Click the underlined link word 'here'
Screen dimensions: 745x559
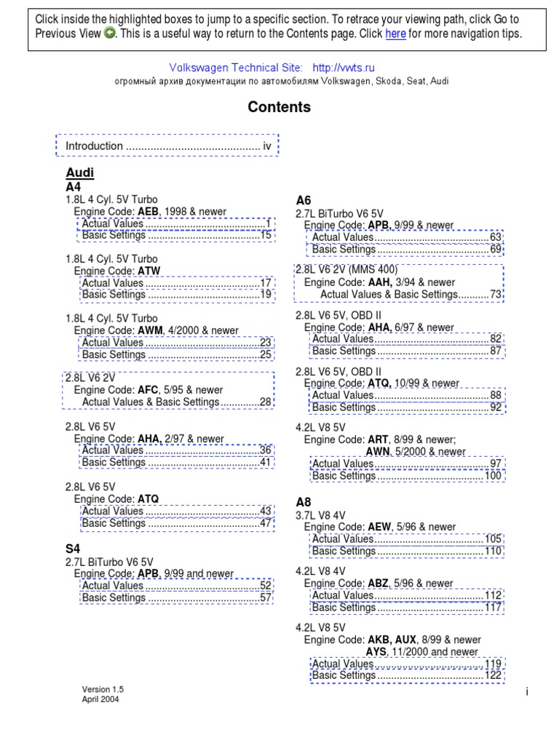coord(395,34)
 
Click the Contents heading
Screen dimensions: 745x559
coord(279,108)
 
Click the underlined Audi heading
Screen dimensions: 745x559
coord(80,173)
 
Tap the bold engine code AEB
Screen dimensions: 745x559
coord(148,212)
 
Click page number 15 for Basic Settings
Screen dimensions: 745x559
coord(266,235)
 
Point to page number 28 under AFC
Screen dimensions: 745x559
coord(266,402)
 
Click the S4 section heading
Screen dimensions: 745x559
coord(74,548)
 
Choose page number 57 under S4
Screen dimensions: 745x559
coord(266,597)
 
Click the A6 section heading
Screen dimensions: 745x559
coord(304,200)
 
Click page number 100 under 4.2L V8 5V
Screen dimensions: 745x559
coord(493,477)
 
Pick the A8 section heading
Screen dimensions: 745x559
coord(304,502)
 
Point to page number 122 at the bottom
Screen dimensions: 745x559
coord(493,675)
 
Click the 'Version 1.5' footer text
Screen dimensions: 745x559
coord(103,689)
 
